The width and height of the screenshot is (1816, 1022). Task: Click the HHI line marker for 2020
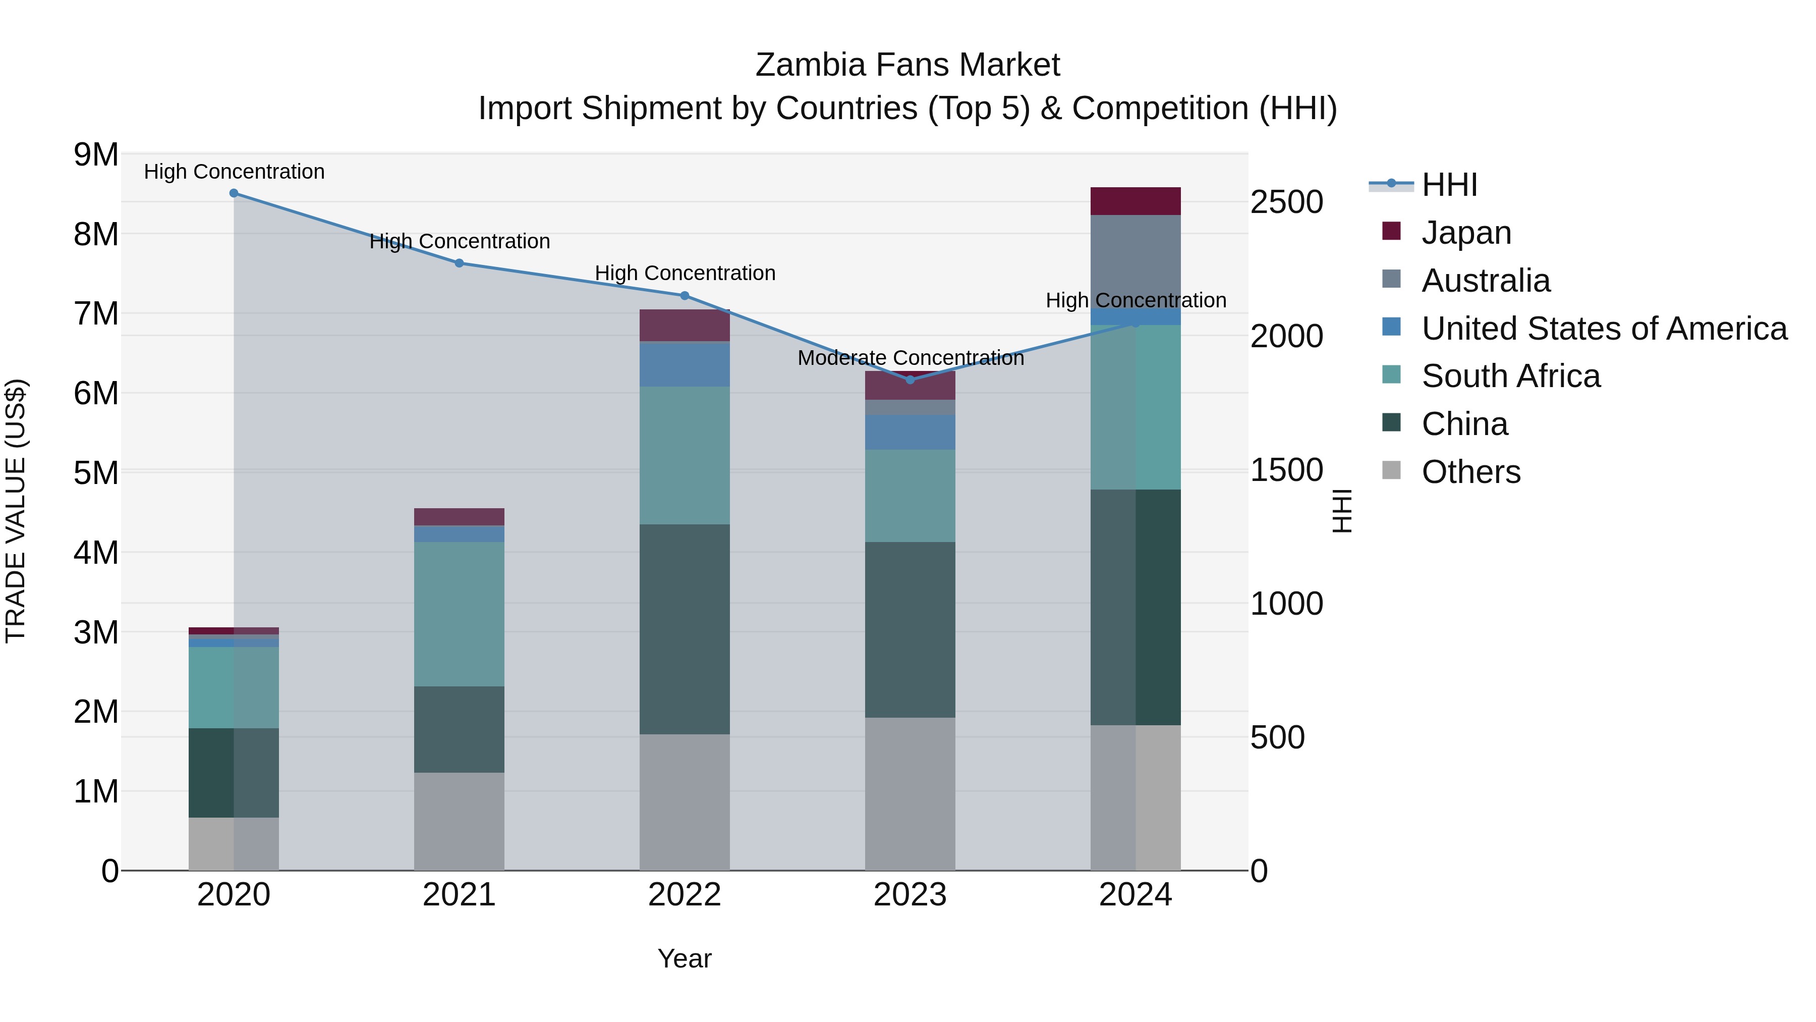point(234,193)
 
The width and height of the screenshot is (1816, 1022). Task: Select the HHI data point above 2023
point(910,380)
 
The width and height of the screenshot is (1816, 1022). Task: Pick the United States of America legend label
point(1604,329)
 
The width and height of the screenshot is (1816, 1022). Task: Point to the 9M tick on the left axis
point(96,154)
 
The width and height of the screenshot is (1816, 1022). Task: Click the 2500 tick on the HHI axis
point(1286,202)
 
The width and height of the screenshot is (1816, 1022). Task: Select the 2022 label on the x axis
point(684,895)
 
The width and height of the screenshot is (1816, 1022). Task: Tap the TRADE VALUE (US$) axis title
point(16,511)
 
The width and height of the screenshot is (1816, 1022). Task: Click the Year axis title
point(684,958)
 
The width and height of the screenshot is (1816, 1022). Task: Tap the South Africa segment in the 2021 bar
point(459,614)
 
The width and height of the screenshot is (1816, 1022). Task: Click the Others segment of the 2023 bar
point(910,793)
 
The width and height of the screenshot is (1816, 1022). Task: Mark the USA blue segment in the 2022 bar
point(684,364)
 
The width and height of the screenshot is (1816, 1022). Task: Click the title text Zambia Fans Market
point(907,65)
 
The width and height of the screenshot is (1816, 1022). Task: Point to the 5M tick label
point(96,472)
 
